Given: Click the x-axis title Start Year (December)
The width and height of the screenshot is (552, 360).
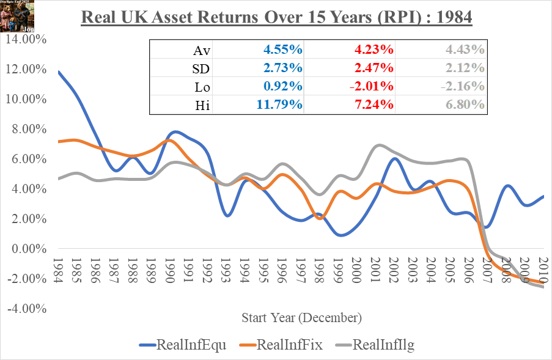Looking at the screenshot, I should tap(301, 318).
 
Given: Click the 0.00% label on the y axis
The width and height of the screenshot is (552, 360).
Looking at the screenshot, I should tap(28, 249).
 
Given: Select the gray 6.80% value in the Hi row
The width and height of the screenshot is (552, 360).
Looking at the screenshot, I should tap(465, 105).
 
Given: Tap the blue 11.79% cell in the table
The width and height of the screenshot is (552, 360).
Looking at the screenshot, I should tap(278, 105).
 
